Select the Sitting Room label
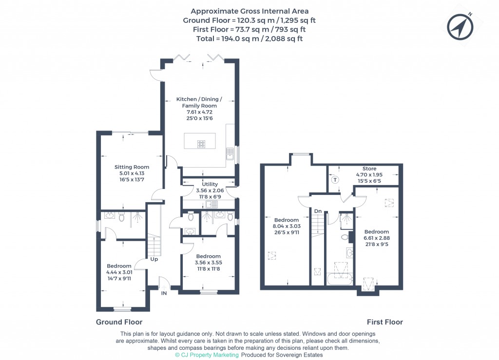coord(132,167)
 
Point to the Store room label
coord(369,169)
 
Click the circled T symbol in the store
coord(335,179)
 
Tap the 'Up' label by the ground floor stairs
coord(154,259)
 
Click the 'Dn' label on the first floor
coord(317,211)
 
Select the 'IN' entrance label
coord(164,293)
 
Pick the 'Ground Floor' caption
coord(119,322)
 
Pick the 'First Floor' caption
coord(384,322)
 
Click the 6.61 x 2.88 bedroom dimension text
coord(377,238)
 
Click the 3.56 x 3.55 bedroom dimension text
coord(208,263)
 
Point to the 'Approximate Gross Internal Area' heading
coord(249,11)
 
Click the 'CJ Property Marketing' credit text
coord(207,355)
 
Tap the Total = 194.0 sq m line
coord(249,38)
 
